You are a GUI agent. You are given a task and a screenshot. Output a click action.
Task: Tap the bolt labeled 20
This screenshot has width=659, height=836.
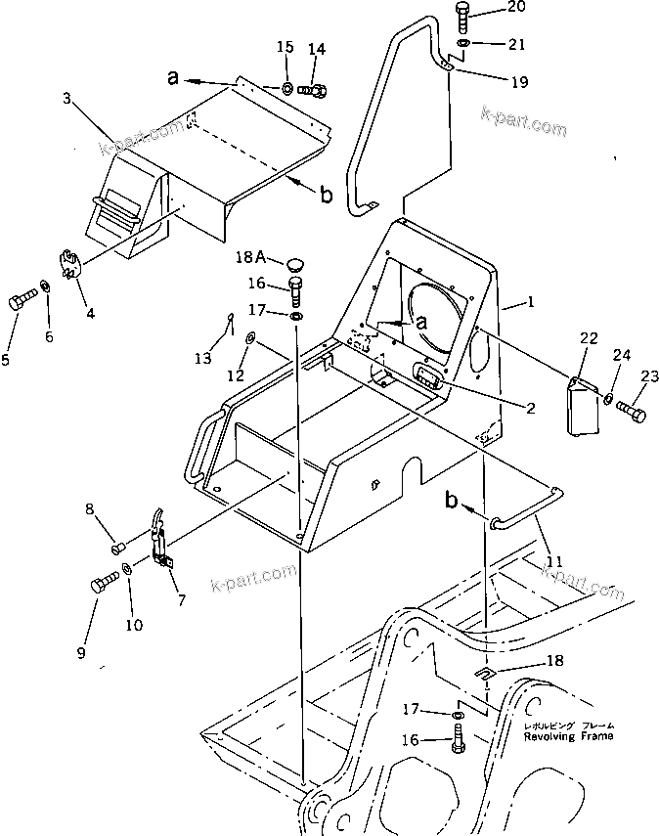(463, 17)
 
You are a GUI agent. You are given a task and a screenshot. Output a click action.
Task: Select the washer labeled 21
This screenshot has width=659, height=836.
(462, 44)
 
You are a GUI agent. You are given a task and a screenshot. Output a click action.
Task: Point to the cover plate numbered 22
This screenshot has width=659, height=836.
(583, 404)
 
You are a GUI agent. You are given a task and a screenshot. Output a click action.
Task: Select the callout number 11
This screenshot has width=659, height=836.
(554, 561)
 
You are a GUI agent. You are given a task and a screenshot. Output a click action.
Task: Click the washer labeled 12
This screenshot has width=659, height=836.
(251, 338)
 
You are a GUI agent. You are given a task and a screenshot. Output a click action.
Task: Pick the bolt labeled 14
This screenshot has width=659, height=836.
(314, 91)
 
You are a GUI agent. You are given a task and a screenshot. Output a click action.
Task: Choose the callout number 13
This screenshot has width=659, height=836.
(202, 359)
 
